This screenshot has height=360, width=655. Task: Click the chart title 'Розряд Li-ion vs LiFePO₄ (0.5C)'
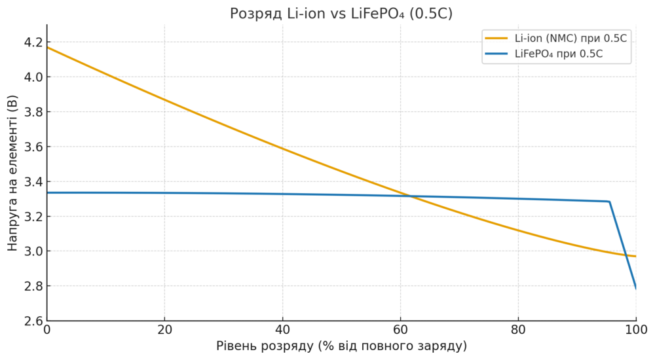[x=341, y=13]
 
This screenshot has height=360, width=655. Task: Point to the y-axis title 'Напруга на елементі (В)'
[x=12, y=173]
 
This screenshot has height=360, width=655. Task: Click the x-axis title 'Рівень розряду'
[x=341, y=346]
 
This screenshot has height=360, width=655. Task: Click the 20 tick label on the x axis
[x=164, y=329]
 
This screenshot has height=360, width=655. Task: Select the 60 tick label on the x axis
[x=400, y=329]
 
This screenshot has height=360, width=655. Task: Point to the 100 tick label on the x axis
[x=635, y=329]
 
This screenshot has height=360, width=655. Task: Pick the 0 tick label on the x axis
[x=47, y=329]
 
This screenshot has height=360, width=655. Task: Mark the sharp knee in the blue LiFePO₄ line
[x=609, y=202]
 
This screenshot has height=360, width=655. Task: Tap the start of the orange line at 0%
[x=48, y=47]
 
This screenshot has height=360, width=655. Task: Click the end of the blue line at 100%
[x=635, y=287]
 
